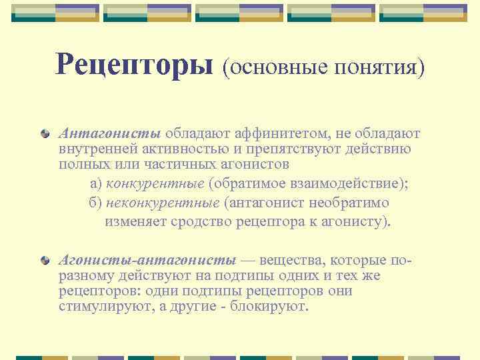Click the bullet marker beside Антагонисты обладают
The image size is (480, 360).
tap(45, 133)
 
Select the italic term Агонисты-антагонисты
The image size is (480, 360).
tap(147, 259)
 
